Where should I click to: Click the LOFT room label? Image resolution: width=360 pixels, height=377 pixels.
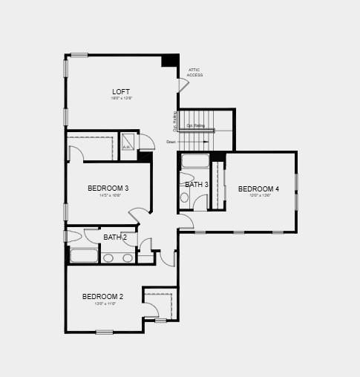point(120,92)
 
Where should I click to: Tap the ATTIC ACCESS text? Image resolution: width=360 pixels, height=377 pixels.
point(194,73)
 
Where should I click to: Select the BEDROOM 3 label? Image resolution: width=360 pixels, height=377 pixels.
point(108,188)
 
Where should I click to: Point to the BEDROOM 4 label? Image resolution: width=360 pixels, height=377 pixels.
point(258,189)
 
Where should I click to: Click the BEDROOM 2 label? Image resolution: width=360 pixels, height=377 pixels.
point(102,297)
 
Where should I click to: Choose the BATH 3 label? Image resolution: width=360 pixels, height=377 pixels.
point(197,185)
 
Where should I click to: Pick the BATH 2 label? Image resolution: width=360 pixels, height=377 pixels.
point(115,237)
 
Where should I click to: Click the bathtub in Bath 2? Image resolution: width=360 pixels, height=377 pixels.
point(84,256)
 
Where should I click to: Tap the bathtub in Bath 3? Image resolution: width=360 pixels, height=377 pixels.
point(196,162)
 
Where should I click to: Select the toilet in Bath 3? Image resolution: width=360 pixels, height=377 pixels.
point(185,197)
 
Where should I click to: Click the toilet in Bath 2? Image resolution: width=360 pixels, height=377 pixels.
point(73,237)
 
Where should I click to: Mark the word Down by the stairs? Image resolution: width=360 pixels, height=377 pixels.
point(171,142)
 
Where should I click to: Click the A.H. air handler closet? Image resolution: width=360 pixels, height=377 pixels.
point(128,142)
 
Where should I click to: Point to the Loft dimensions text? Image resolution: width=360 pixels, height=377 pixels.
point(120,99)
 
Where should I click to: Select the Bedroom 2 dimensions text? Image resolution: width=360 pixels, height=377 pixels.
point(105,304)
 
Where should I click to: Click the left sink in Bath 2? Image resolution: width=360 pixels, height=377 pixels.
point(108,258)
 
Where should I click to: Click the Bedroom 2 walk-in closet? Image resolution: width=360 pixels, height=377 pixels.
point(158,304)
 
